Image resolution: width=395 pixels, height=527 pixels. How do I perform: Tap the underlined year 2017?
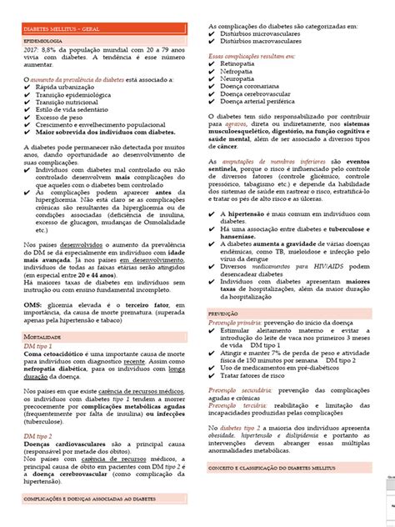click(32, 50)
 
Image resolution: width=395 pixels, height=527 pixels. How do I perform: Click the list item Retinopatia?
click(241, 62)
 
